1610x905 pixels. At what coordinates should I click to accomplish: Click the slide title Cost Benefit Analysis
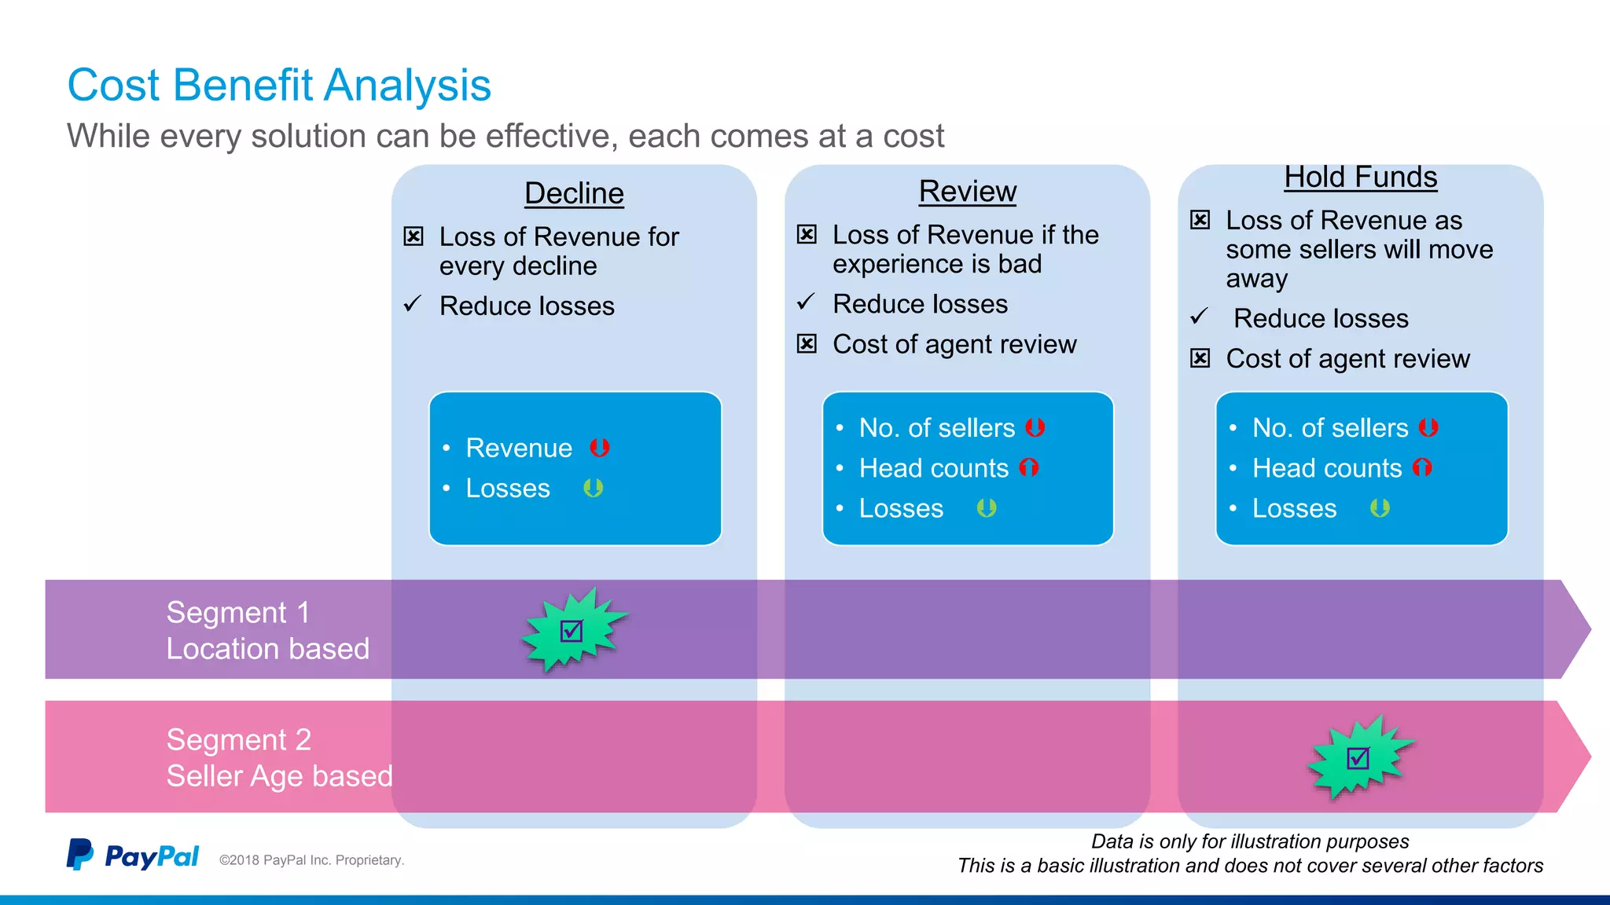(x=279, y=85)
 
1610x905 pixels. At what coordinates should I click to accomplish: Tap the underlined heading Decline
(x=574, y=193)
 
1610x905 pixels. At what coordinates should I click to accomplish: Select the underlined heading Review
(x=967, y=191)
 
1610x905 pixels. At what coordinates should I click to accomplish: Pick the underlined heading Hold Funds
(x=1360, y=177)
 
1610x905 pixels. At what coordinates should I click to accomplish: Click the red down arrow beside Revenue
(x=600, y=448)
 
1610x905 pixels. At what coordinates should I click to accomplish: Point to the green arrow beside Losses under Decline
(x=594, y=488)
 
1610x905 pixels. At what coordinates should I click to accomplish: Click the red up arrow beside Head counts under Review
(x=1029, y=468)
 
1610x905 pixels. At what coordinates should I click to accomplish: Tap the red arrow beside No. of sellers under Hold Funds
(x=1428, y=427)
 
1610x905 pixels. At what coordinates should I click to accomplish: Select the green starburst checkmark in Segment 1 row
(x=572, y=630)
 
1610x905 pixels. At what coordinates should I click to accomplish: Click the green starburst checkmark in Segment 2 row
(x=1358, y=757)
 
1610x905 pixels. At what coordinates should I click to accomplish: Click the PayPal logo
(x=132, y=856)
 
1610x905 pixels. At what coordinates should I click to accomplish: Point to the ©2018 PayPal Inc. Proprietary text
(x=311, y=860)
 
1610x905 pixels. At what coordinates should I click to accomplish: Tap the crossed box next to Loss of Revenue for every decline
(x=414, y=236)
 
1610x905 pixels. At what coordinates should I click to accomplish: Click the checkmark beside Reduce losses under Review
(x=806, y=302)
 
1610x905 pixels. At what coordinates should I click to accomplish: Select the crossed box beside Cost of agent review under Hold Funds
(x=1200, y=358)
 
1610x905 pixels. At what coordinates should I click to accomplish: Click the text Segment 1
(x=238, y=612)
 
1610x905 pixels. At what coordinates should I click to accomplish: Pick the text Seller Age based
(x=279, y=776)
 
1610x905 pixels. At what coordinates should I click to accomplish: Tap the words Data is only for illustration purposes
(x=1250, y=841)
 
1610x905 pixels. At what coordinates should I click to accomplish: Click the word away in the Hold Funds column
(x=1256, y=279)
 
